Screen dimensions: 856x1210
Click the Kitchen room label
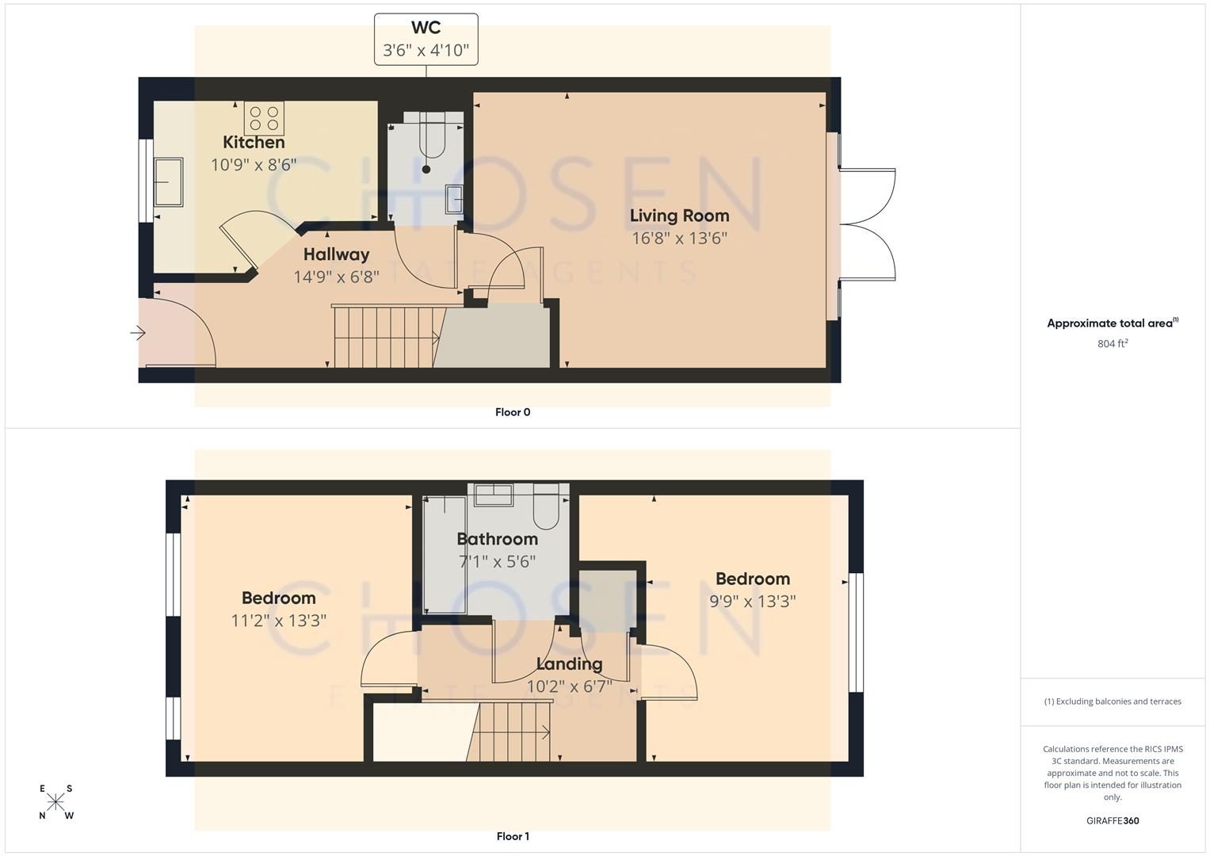tap(254, 143)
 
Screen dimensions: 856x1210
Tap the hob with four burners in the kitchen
tap(265, 118)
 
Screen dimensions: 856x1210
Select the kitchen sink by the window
tap(168, 182)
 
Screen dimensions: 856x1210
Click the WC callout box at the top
tap(426, 39)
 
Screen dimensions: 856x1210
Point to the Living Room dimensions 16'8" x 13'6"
tap(679, 238)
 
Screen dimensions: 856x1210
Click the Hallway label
tap(336, 254)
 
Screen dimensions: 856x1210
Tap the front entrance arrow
tap(139, 333)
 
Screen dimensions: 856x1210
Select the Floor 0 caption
tap(513, 412)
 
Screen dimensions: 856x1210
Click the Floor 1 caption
tap(513, 836)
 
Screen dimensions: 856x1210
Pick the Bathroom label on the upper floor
tap(497, 539)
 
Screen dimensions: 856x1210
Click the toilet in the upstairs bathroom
tap(547, 510)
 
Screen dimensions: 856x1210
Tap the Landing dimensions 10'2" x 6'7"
tap(569, 686)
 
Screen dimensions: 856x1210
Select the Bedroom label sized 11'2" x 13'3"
tap(278, 598)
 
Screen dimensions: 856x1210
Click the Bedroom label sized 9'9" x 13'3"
tap(752, 579)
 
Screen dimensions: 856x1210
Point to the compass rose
tap(55, 802)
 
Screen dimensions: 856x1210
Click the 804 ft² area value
tap(1113, 344)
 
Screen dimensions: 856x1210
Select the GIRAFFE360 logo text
tap(1113, 820)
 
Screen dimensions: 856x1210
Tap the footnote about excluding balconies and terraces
tap(1113, 701)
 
